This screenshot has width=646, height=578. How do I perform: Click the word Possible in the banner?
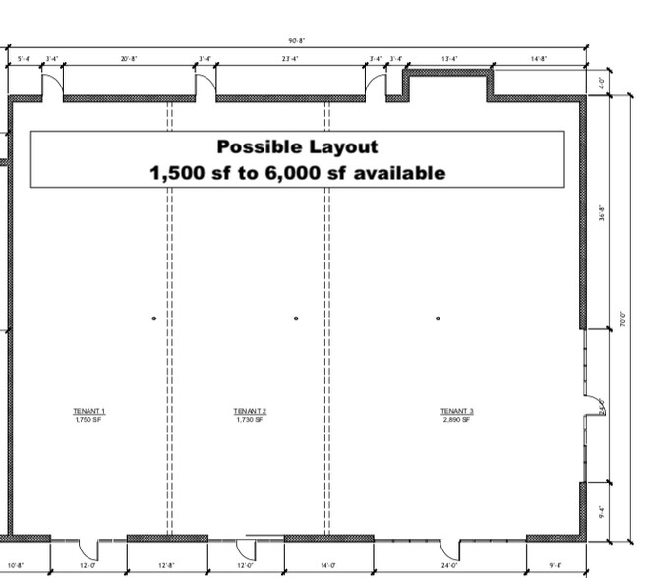click(258, 146)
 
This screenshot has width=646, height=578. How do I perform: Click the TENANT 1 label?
click(88, 411)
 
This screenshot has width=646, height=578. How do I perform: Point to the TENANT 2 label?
click(250, 411)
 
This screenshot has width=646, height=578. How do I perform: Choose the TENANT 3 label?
click(457, 411)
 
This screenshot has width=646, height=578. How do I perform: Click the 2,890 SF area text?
click(457, 420)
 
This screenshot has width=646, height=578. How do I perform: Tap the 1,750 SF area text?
click(88, 420)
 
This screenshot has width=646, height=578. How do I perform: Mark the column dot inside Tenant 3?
click(438, 318)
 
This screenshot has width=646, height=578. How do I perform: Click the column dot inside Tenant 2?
click(296, 318)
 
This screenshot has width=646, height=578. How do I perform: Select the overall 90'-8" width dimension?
click(297, 41)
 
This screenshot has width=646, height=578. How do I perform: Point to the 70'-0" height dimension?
click(623, 318)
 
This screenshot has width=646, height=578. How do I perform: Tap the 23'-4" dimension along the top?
click(291, 59)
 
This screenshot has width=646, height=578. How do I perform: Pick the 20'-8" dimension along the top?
click(129, 59)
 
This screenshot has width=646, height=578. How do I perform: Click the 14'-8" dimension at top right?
click(538, 59)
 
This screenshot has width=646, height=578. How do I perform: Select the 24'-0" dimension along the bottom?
click(450, 566)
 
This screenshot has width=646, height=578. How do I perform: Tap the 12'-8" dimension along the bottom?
click(166, 566)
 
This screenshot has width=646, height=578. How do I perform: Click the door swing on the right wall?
click(593, 405)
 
